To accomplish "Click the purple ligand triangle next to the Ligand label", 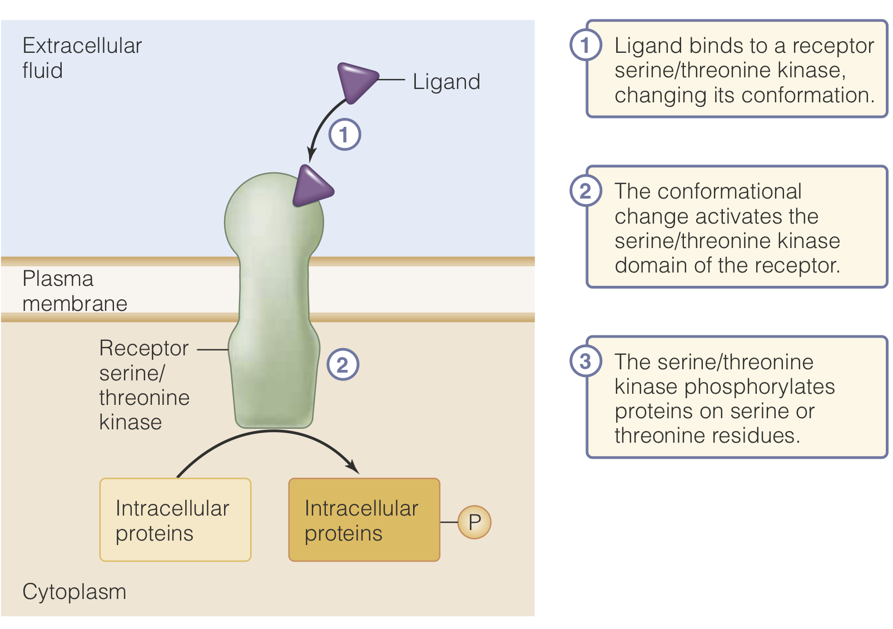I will (355, 81).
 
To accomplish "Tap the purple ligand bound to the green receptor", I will (311, 187).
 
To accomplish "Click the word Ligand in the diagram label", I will (446, 82).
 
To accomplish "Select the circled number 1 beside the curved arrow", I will (344, 135).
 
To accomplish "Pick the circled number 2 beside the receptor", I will (343, 365).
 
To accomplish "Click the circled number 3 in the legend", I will (586, 361).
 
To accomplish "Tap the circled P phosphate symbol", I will (474, 522).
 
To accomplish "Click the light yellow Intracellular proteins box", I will (175, 519).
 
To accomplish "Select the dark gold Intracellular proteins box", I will (364, 519).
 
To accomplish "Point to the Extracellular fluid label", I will (81, 58).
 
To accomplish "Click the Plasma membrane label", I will (74, 291).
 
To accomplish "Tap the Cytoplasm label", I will (74, 592).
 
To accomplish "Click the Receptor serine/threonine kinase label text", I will (144, 385).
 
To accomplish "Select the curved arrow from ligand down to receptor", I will (323, 125).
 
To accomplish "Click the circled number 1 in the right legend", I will (586, 45).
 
